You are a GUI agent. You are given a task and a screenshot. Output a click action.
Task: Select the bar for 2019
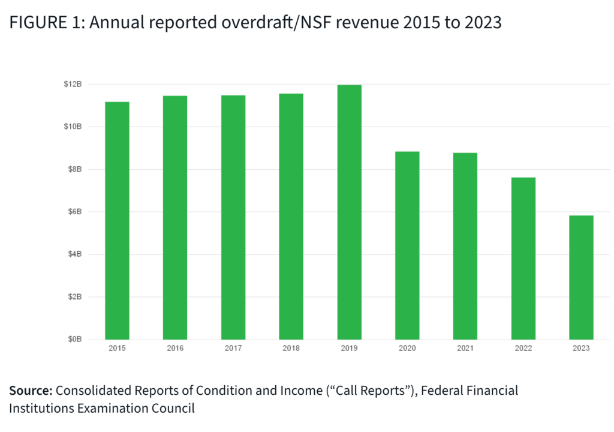click(x=349, y=212)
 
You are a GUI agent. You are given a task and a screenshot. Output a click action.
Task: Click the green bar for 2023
click(x=581, y=277)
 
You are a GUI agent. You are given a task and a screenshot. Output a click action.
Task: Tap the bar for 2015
click(x=117, y=221)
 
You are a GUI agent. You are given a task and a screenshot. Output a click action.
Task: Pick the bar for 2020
click(x=407, y=245)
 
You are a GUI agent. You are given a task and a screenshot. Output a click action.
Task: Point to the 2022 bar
click(x=523, y=259)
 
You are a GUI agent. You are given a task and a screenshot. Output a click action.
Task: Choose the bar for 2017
click(x=233, y=217)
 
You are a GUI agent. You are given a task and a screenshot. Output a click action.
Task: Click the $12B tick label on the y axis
click(x=73, y=84)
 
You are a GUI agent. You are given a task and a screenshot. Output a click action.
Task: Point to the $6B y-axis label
click(x=75, y=212)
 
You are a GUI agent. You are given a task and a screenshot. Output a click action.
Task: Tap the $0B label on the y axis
click(x=75, y=340)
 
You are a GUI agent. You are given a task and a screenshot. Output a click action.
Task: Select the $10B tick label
click(x=73, y=127)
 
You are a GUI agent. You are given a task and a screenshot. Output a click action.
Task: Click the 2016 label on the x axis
click(x=175, y=349)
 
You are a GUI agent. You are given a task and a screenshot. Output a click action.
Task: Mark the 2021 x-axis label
click(x=465, y=349)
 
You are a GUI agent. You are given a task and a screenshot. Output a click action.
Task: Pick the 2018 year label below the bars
click(x=291, y=349)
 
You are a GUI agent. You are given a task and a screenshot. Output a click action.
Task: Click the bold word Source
click(x=30, y=391)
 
